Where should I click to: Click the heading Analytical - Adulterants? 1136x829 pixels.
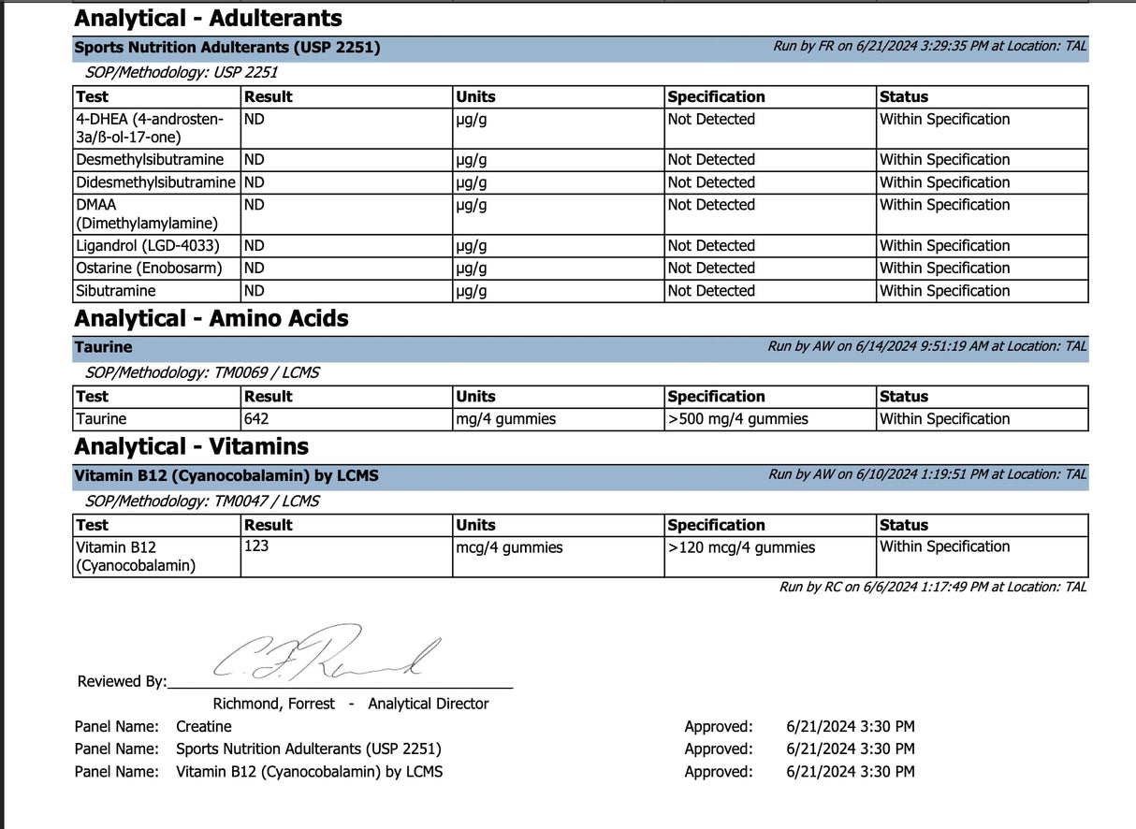click(208, 18)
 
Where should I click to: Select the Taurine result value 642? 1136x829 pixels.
click(256, 419)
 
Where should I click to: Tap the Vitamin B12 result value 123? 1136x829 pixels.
click(256, 545)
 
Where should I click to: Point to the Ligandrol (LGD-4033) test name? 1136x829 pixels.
click(148, 246)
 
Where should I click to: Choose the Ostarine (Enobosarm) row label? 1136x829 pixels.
click(150, 269)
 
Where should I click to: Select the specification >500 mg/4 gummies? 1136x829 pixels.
click(737, 419)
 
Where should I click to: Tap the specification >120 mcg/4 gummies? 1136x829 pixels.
click(740, 547)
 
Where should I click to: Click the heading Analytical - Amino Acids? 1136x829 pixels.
click(211, 319)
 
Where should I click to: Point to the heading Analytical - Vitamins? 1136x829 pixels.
click(191, 446)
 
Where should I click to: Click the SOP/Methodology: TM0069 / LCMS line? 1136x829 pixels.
click(201, 372)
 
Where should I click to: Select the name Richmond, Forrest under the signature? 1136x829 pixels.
click(273, 704)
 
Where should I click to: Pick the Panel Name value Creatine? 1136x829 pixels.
click(203, 726)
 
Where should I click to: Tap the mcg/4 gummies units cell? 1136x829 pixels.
click(509, 547)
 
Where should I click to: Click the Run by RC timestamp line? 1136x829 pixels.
click(933, 587)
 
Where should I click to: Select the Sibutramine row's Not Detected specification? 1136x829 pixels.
click(711, 291)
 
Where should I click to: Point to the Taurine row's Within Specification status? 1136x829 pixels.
click(944, 419)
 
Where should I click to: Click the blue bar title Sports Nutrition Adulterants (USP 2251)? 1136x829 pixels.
click(227, 48)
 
